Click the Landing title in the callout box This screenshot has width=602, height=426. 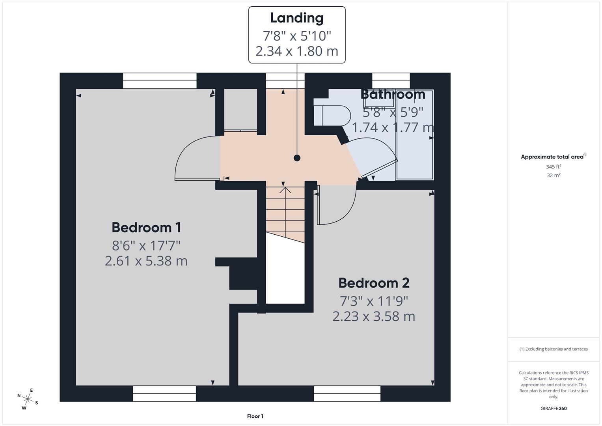297,18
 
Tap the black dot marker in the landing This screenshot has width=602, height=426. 297,158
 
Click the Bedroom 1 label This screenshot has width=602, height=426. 146,228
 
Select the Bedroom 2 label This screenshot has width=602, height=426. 374,283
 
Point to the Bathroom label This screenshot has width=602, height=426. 393,95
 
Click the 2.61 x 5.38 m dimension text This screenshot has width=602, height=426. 146,261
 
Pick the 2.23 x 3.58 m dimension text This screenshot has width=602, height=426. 374,317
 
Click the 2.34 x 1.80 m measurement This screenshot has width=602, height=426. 297,51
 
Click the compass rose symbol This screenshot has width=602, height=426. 28,398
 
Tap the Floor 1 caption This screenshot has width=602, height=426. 255,416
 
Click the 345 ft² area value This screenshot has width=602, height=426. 554,167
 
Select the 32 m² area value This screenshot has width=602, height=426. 554,176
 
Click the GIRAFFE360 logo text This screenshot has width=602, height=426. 554,409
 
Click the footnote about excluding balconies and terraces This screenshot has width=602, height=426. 554,349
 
